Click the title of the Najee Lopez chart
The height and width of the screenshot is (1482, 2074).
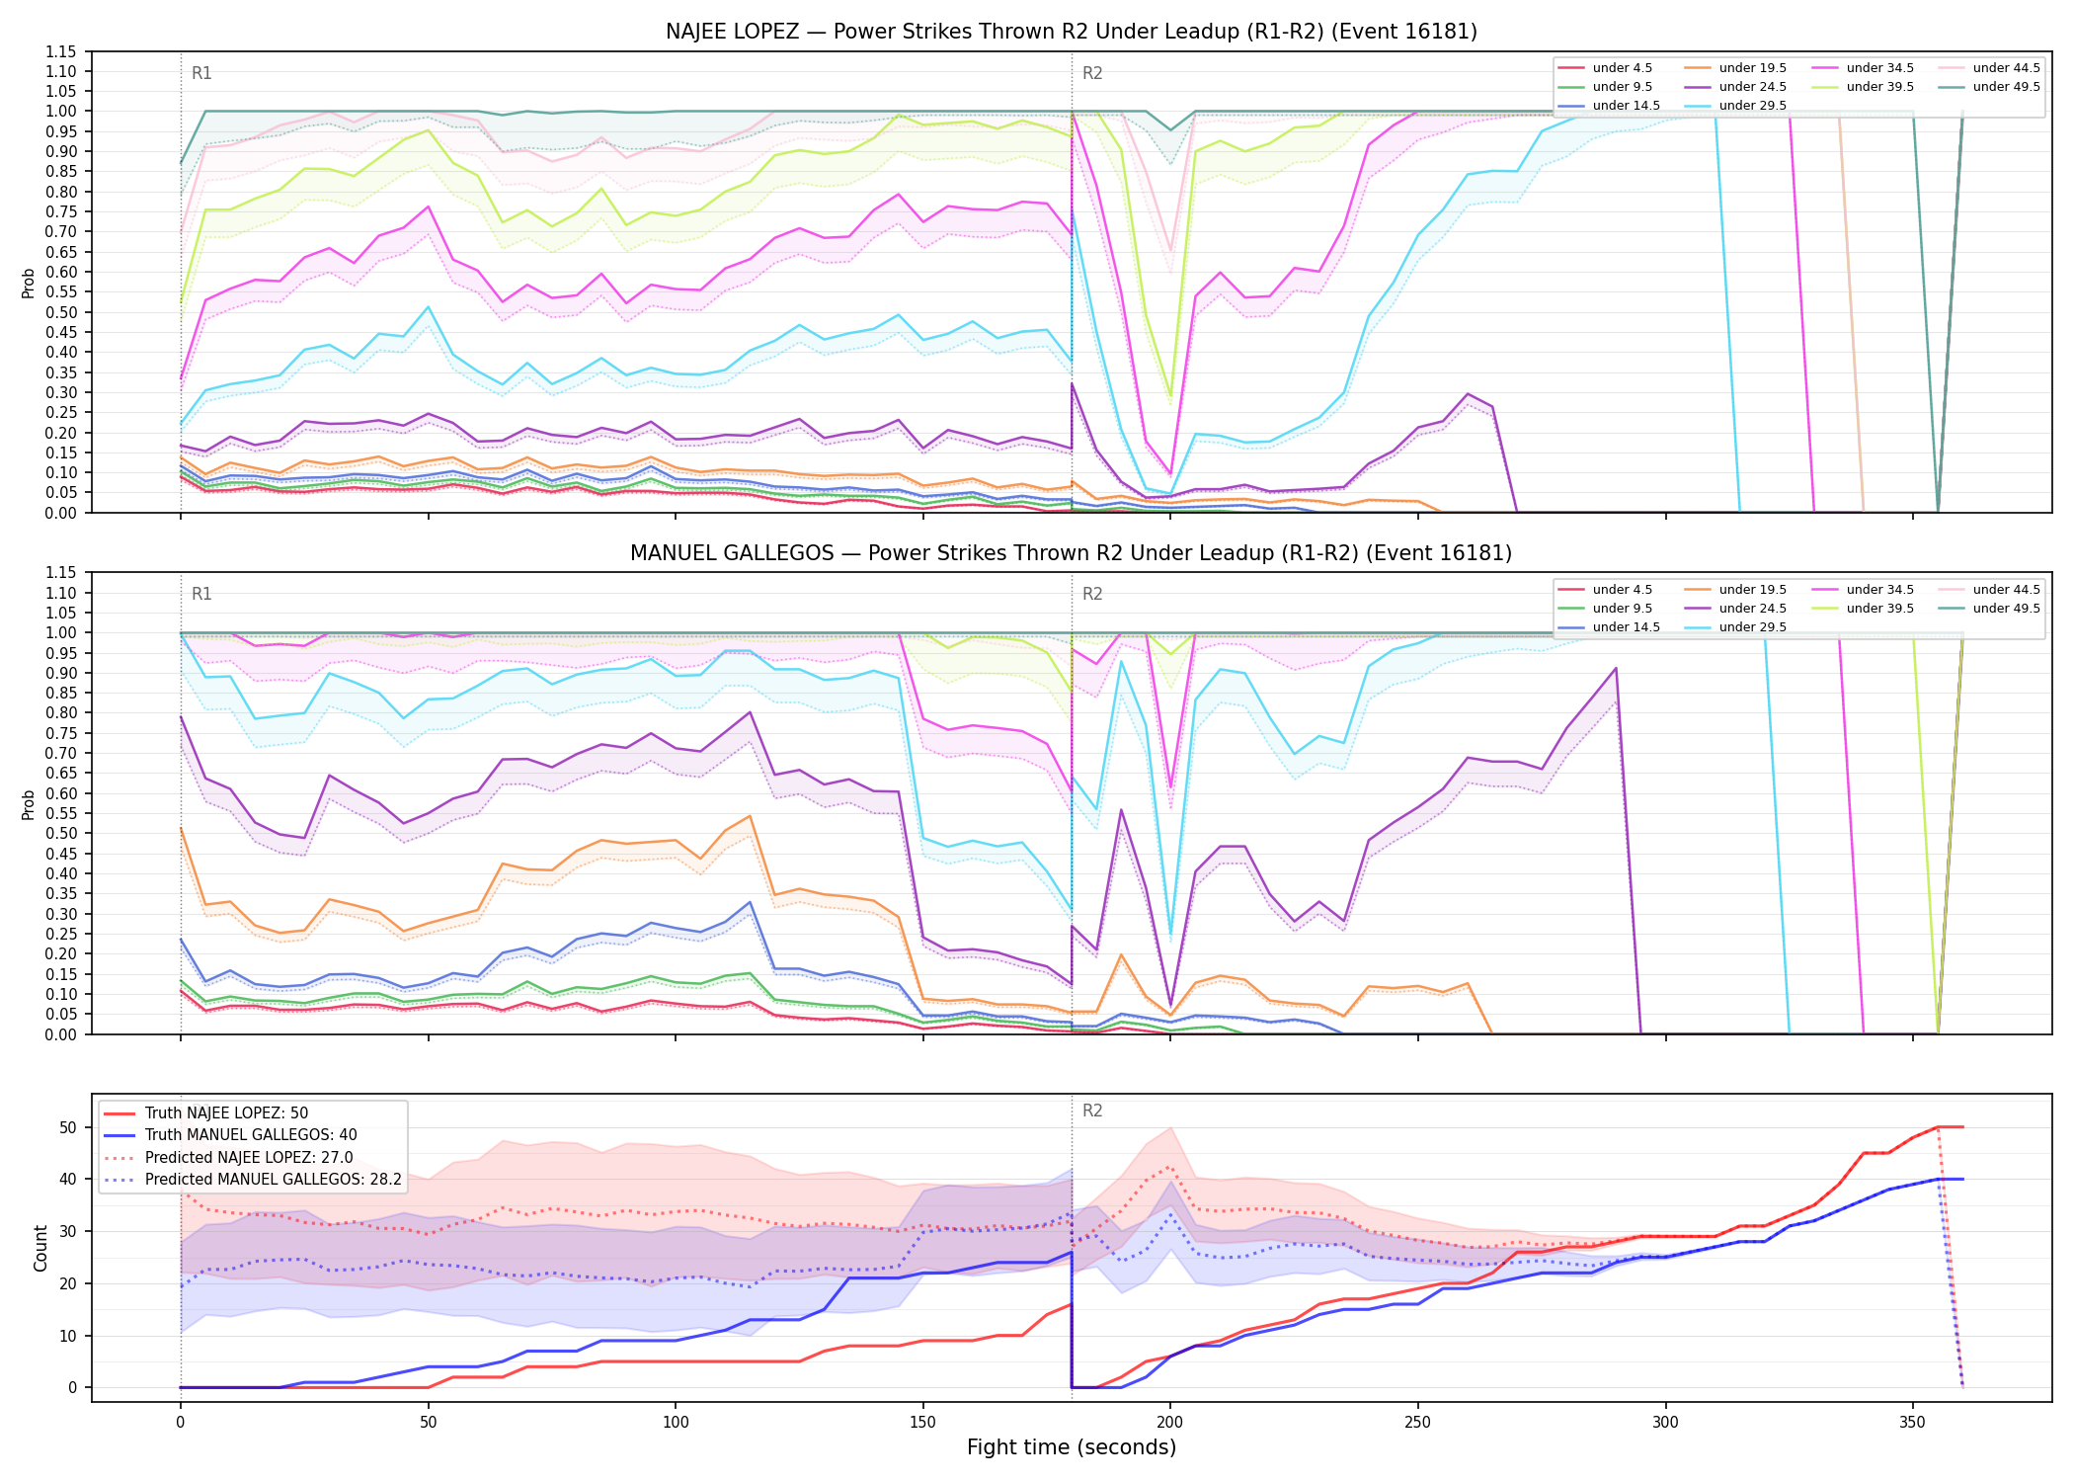(x=1072, y=32)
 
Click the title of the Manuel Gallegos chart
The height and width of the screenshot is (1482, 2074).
(x=1072, y=553)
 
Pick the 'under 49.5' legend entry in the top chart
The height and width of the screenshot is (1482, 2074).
(x=1989, y=87)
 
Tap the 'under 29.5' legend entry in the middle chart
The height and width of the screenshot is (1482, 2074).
(x=1735, y=627)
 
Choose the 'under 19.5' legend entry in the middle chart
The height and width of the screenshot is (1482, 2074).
(x=1735, y=590)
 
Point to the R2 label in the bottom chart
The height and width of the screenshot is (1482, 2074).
(x=1092, y=1111)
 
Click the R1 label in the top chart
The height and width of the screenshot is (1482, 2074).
(x=201, y=73)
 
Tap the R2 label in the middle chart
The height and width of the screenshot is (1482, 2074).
(x=1092, y=594)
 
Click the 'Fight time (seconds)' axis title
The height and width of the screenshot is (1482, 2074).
(x=1072, y=1447)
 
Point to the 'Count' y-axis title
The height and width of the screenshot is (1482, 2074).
(x=40, y=1248)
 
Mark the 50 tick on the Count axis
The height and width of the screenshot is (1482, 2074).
(x=68, y=1127)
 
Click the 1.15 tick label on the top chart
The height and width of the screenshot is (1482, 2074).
(x=60, y=51)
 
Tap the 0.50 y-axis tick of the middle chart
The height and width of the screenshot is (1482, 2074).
(x=60, y=834)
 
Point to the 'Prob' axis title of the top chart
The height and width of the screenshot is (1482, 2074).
(x=29, y=283)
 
